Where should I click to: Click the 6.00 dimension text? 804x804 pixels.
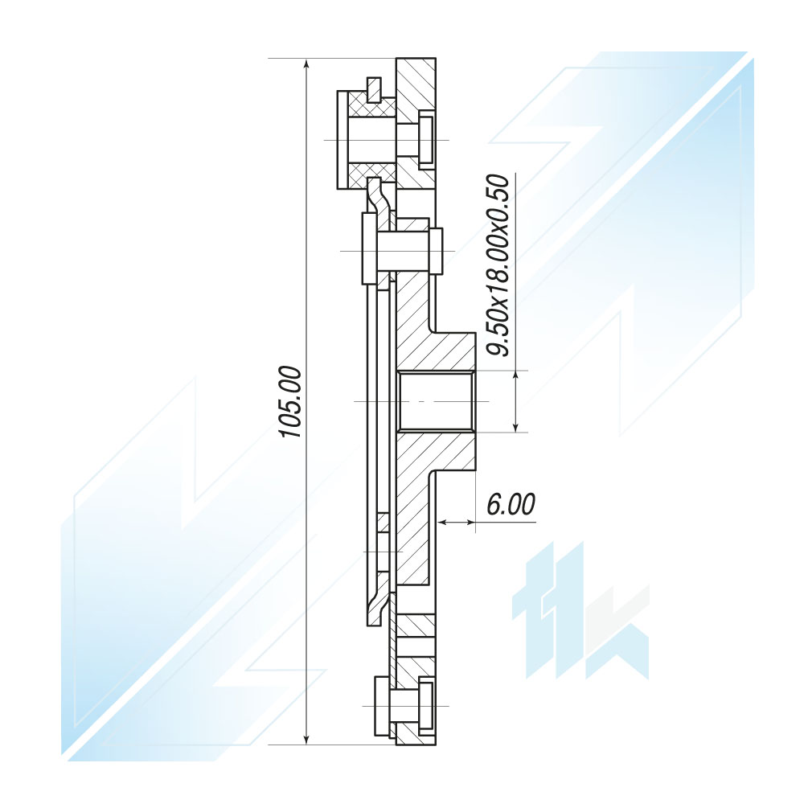[511, 504]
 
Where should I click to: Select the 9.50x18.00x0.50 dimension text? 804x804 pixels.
[498, 265]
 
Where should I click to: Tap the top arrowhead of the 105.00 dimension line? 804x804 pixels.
[306, 64]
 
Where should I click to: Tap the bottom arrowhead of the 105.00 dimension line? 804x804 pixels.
[306, 738]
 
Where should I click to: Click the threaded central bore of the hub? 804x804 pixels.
[436, 401]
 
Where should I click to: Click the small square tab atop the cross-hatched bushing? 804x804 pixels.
[375, 90]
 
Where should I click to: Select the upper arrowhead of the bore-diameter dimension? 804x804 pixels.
[516, 375]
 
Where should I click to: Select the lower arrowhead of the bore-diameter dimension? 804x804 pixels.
[516, 426]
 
